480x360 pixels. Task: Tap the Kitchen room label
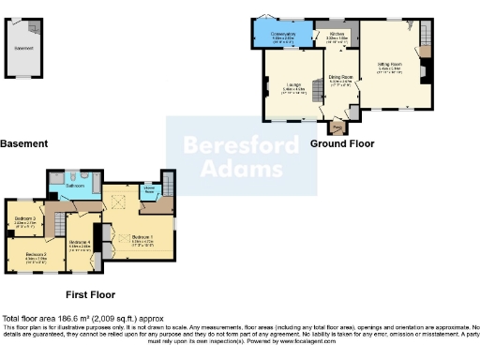336,37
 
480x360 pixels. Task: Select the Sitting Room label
390,66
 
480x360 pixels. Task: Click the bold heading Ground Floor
342,144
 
